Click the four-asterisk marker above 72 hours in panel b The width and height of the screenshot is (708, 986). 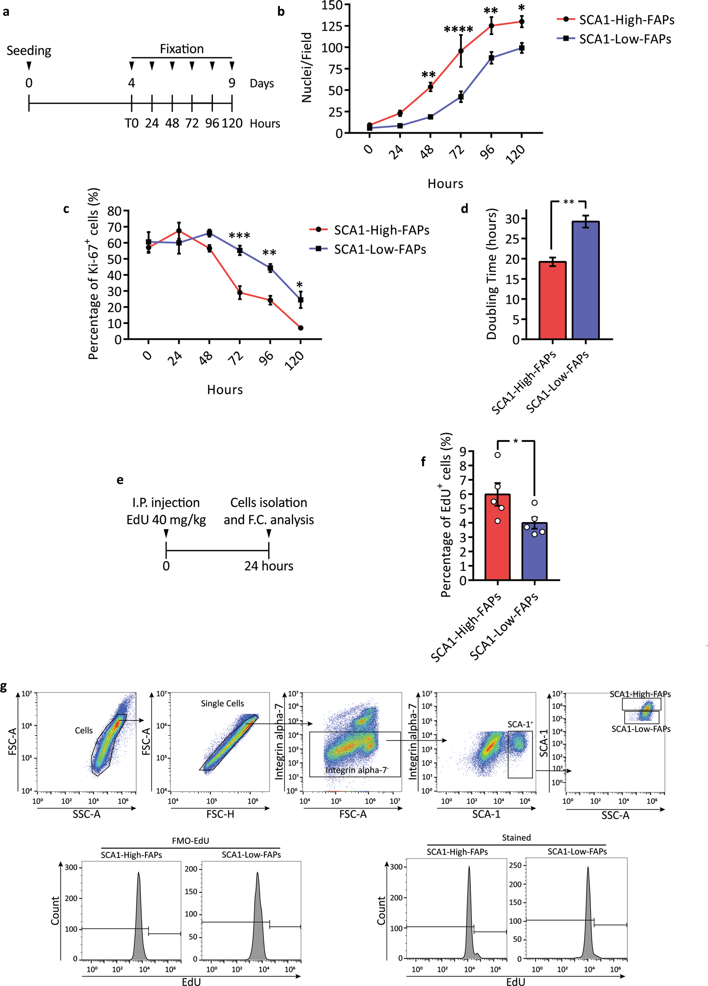(x=458, y=30)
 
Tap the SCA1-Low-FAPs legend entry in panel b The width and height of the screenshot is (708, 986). (x=625, y=39)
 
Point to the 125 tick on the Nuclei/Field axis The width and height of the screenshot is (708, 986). (x=332, y=26)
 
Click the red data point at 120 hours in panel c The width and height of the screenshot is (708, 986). (x=301, y=328)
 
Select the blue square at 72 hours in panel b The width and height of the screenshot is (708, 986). (x=461, y=97)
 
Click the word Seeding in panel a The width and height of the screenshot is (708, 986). (x=29, y=51)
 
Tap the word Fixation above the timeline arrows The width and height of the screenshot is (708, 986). (x=182, y=49)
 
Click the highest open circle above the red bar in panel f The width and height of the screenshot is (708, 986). (x=498, y=455)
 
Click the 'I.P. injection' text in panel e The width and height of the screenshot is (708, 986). (x=166, y=503)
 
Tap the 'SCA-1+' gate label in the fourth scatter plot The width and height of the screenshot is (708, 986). (x=520, y=724)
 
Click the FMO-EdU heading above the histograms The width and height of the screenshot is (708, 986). (x=190, y=841)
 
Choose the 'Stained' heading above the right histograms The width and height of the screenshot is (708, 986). (x=516, y=838)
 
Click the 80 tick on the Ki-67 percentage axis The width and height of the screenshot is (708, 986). (x=114, y=211)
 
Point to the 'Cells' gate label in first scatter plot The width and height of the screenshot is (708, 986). (x=83, y=731)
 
